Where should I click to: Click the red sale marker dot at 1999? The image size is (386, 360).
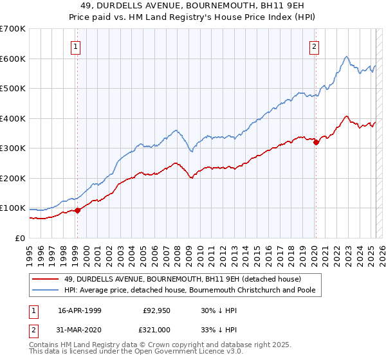(77, 210)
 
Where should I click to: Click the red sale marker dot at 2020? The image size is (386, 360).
(316, 143)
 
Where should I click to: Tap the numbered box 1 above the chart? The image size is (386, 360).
(76, 46)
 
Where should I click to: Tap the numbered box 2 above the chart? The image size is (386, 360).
(315, 46)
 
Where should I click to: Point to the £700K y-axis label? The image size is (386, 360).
(13, 29)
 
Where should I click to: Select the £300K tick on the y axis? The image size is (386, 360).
(13, 148)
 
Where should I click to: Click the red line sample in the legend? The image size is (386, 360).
(46, 279)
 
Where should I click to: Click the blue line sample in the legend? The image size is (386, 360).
(46, 291)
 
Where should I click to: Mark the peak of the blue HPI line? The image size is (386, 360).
(346, 57)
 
